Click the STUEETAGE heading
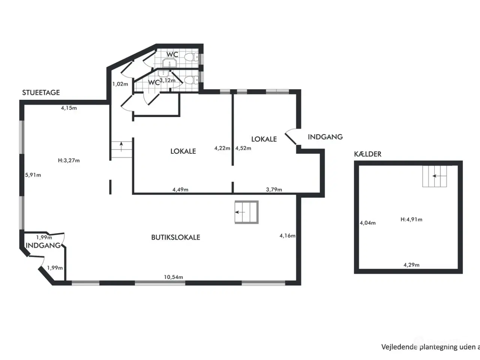click(41, 93)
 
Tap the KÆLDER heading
click(367, 154)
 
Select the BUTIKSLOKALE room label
click(175, 237)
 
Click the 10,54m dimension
click(173, 277)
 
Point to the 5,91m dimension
click(33, 175)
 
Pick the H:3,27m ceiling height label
click(69, 160)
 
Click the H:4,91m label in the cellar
click(411, 219)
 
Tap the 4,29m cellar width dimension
click(411, 265)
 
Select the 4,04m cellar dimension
click(367, 223)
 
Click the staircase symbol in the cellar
click(435, 176)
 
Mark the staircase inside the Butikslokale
click(246, 212)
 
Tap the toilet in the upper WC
click(193, 57)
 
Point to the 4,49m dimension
click(180, 189)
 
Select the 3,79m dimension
click(274, 189)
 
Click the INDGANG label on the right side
click(325, 137)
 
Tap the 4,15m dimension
click(69, 108)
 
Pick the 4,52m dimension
click(243, 148)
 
